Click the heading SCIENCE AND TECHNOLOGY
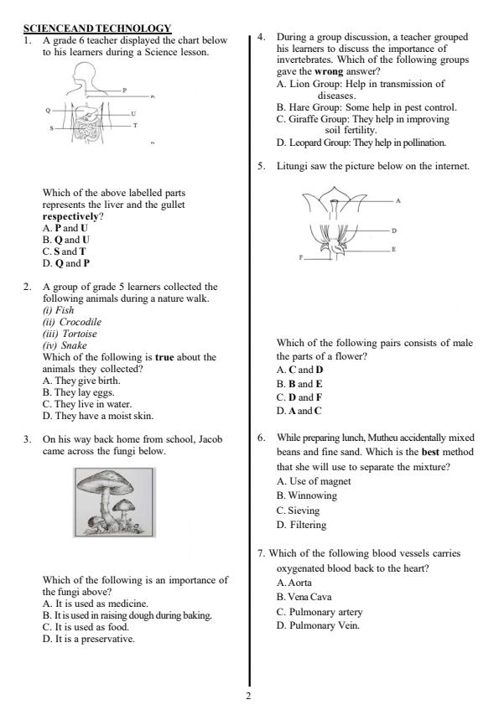click(97, 29)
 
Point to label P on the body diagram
click(124, 89)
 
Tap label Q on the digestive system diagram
click(48, 110)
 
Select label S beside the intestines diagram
click(50, 127)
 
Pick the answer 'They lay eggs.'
click(79, 391)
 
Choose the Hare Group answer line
click(366, 107)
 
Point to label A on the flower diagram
click(398, 201)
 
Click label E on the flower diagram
click(394, 249)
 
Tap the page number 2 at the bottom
click(248, 695)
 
